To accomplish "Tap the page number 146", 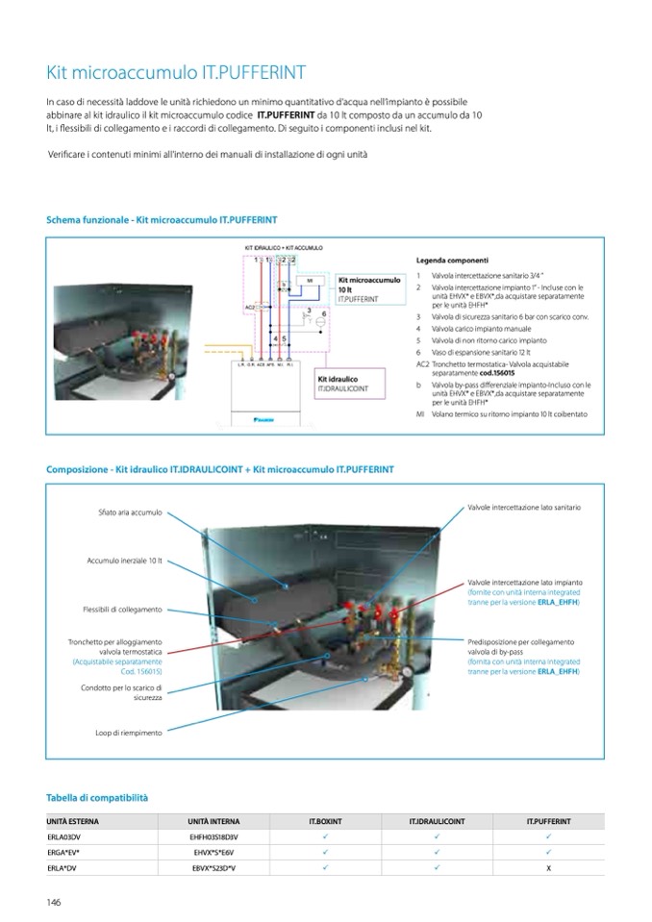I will (55, 901).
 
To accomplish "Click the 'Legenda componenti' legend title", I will (452, 260).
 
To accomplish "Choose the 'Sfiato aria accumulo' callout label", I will (130, 512).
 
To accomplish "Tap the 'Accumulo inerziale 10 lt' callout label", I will (124, 560).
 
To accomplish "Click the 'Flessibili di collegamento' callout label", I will (122, 609).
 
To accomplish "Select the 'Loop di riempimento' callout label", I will (129, 733).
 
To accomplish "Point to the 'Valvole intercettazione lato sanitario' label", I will (524, 507).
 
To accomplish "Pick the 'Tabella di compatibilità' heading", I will (97, 798).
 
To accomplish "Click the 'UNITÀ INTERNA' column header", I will (213, 822).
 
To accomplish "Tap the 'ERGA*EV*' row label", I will (63, 853).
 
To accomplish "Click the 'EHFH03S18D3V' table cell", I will (213, 837).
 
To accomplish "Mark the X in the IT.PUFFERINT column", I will (548, 868).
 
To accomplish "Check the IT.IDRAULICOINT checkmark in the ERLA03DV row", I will (437, 837).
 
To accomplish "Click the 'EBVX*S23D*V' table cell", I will (213, 868).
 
